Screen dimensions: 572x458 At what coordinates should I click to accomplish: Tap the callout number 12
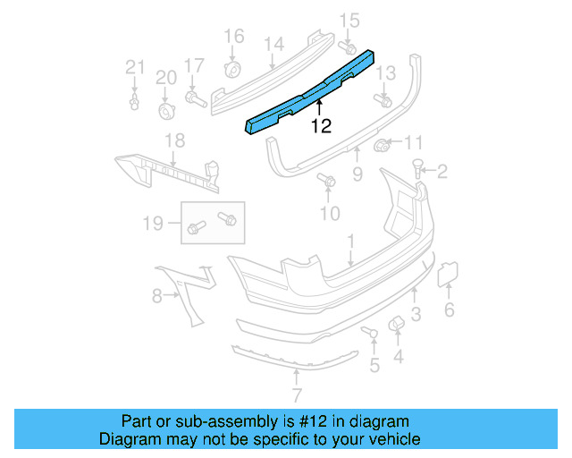click(321, 127)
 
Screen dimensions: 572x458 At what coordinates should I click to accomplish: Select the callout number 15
click(349, 20)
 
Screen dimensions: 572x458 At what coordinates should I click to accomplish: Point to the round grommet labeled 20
click(166, 110)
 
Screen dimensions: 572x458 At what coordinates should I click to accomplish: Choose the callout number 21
click(134, 66)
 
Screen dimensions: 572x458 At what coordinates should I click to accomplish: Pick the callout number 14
click(273, 43)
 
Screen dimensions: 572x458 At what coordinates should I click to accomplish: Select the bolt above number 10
click(328, 182)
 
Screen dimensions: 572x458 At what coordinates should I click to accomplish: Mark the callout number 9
click(357, 175)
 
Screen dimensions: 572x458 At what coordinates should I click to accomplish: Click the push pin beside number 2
click(417, 167)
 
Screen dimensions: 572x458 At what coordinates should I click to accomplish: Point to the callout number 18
click(174, 140)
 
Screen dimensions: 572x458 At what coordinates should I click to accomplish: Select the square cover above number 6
click(447, 276)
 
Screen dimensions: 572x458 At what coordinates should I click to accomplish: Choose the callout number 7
click(296, 394)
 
